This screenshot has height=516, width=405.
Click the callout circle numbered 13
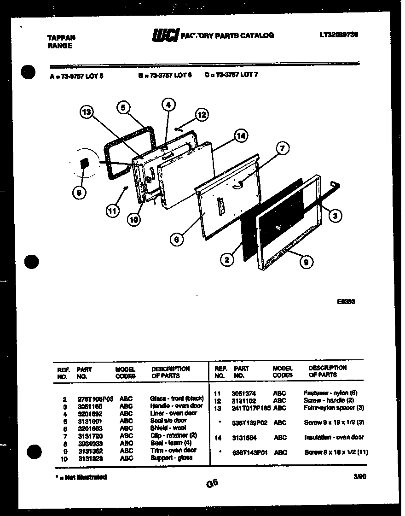[87, 112]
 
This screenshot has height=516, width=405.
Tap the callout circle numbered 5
[122, 107]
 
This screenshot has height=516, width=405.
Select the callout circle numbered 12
[202, 115]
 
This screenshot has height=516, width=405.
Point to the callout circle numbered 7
[282, 148]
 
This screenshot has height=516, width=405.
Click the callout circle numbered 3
[336, 215]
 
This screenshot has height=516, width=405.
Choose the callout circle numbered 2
[226, 260]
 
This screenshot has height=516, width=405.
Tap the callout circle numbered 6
[176, 239]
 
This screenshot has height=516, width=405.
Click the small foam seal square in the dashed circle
[84, 164]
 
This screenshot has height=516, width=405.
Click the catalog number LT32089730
[338, 35]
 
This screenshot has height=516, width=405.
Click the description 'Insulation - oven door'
[334, 437]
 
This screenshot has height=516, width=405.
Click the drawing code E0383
[346, 302]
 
